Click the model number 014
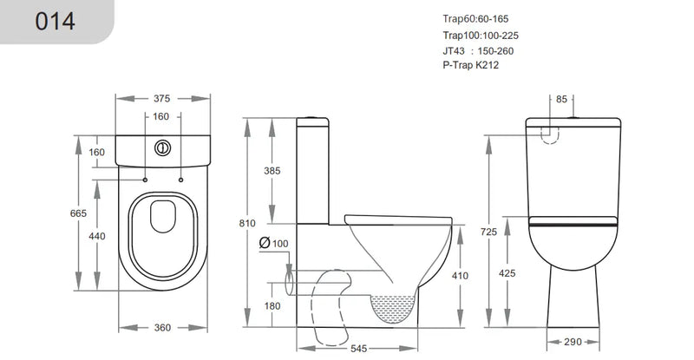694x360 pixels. (x=56, y=21)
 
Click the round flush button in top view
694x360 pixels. (x=160, y=147)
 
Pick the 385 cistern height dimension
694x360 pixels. (x=272, y=172)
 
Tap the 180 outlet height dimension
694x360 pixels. (x=272, y=305)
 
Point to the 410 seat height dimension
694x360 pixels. (x=459, y=276)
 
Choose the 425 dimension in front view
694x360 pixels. (x=507, y=273)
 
